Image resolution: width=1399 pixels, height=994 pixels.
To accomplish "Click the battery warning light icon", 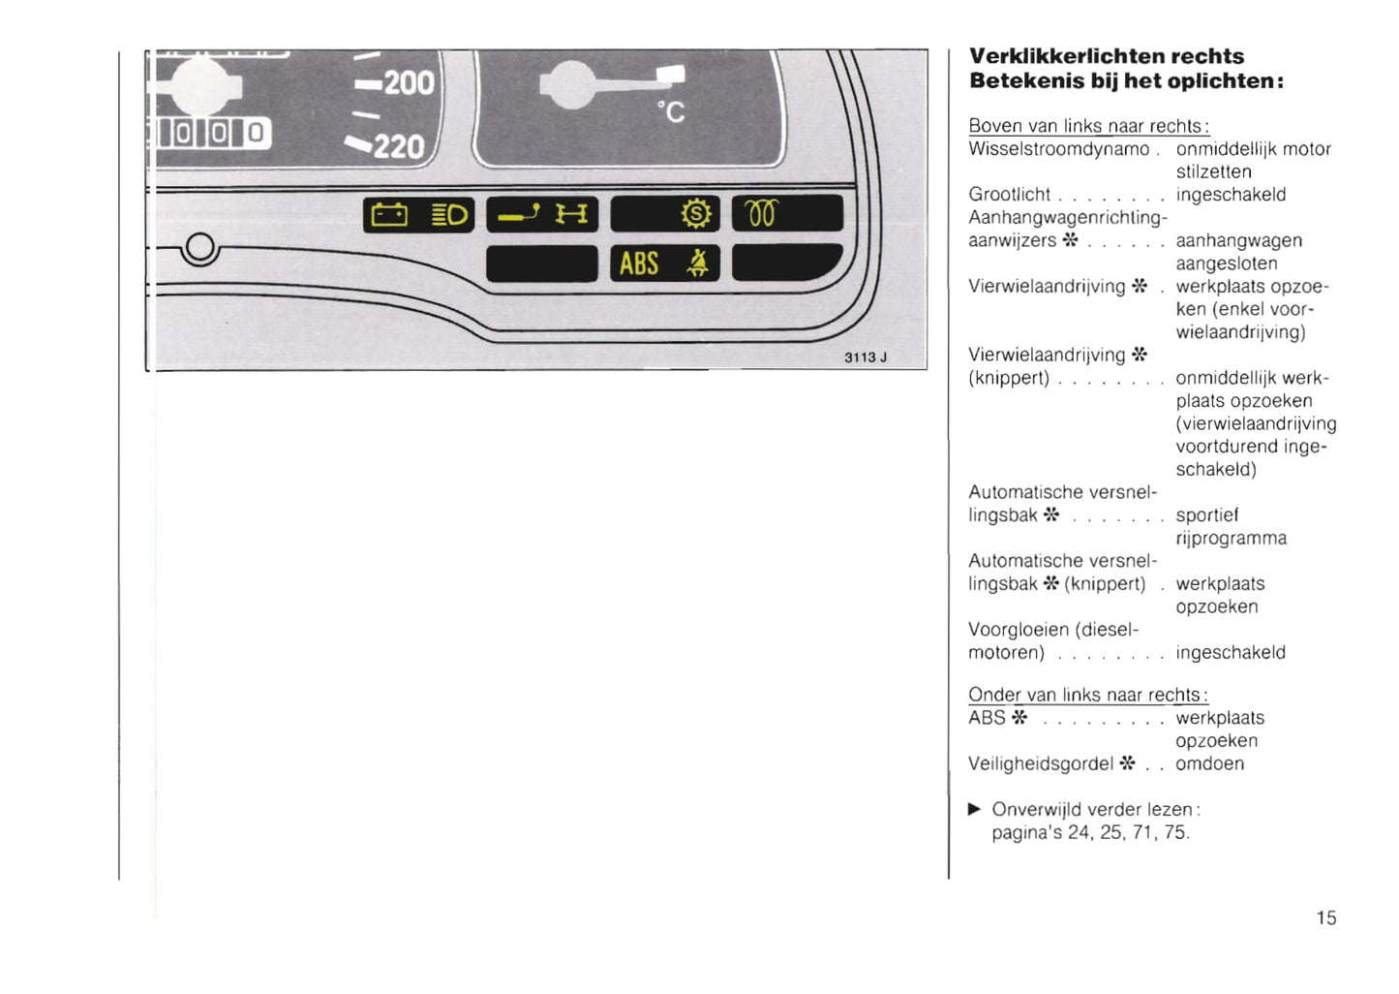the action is (x=389, y=215).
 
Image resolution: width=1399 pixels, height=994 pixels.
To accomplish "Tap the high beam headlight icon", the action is (x=449, y=215).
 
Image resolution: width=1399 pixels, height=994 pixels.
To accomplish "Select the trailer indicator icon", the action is (x=519, y=214).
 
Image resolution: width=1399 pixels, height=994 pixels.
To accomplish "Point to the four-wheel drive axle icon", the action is (x=571, y=214).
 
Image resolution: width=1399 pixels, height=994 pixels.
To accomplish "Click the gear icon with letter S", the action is (x=696, y=214).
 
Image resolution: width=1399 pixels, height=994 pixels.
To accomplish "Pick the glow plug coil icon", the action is (x=761, y=213).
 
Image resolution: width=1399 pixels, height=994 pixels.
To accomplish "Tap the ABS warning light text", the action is (x=639, y=264).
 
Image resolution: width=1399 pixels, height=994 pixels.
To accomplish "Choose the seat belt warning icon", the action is (x=698, y=263).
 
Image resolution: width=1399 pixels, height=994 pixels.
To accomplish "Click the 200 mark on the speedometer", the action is (x=410, y=83).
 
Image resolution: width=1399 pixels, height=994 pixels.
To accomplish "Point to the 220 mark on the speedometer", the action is (x=399, y=147).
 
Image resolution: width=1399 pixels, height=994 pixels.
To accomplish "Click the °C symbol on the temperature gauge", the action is (x=671, y=112).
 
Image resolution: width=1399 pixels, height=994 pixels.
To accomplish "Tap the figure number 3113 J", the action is (x=866, y=357).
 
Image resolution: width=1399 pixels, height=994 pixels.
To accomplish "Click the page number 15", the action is (x=1326, y=917).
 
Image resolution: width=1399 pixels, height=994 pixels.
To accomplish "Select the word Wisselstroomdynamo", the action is (x=1058, y=149).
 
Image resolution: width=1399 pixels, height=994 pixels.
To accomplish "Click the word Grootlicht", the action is (x=1009, y=195).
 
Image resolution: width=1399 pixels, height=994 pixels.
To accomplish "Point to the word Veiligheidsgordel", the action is (x=1041, y=763).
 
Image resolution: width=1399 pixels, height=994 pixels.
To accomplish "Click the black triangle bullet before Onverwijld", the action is (x=974, y=809).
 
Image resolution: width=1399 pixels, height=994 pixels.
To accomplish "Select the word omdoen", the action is (x=1210, y=763).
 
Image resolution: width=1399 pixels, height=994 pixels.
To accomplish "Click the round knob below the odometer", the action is (x=199, y=248).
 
